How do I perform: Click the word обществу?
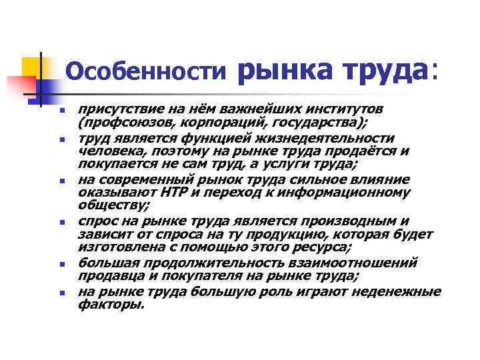(111, 205)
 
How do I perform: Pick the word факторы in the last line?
(111, 304)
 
